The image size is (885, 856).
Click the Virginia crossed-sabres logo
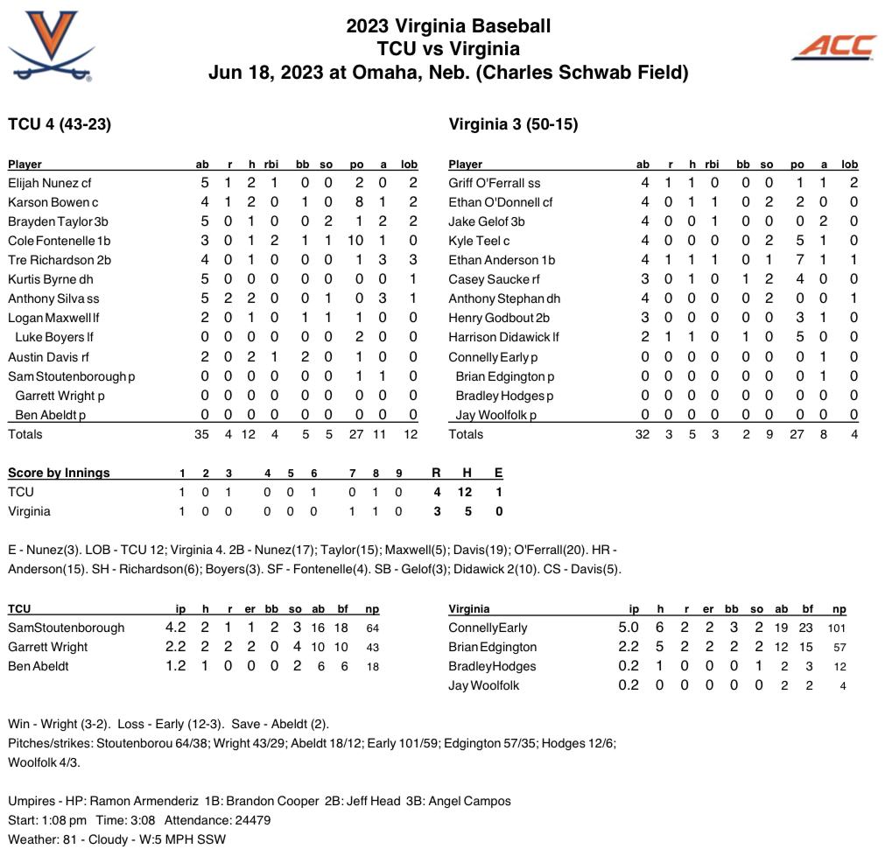tap(50, 46)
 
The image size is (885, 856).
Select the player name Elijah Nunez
tap(43, 183)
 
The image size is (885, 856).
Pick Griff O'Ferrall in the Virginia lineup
tap(487, 183)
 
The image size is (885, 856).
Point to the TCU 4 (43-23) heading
tap(60, 124)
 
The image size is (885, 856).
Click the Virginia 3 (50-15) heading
tap(513, 124)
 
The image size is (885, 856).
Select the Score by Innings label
tap(59, 473)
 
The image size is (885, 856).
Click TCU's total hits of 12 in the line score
tap(465, 492)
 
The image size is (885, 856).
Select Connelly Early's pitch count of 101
tap(837, 628)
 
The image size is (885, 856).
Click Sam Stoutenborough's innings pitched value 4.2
tap(176, 628)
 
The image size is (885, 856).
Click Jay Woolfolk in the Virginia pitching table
tap(484, 685)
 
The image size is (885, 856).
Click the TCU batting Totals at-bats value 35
tap(201, 434)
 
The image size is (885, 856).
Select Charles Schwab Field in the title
tap(596, 72)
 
